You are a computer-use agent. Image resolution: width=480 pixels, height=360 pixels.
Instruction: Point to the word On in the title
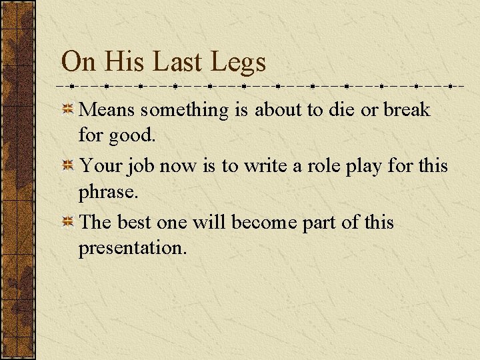pyautogui.click(x=79, y=62)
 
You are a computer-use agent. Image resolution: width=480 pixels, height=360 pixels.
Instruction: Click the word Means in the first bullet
pyautogui.click(x=107, y=109)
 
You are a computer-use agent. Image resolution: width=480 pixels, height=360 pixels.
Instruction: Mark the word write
pyautogui.click(x=265, y=165)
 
